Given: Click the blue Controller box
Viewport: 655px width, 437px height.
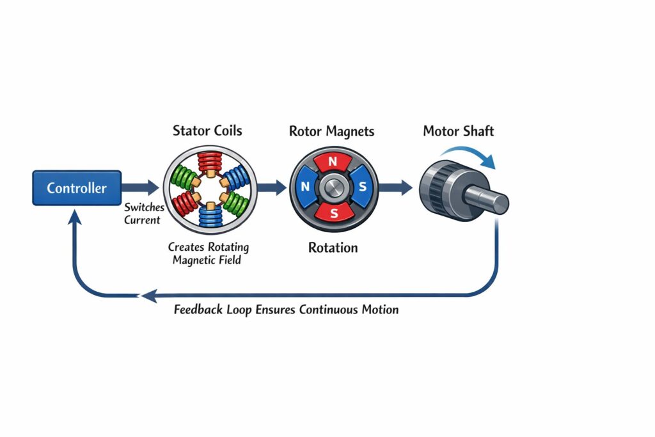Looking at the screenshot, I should click(77, 187).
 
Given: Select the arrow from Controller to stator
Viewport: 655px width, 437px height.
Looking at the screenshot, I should click(141, 187).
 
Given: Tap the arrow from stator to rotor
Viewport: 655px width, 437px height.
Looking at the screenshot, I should click(272, 187).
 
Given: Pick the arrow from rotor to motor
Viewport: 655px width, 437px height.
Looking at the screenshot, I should click(397, 187).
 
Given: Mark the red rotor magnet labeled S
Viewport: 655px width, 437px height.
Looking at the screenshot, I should click(333, 212).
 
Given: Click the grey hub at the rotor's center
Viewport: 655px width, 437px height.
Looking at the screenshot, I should click(333, 187).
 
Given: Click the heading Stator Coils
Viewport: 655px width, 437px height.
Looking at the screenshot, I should click(207, 131).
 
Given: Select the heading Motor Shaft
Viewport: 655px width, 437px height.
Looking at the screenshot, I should click(458, 132).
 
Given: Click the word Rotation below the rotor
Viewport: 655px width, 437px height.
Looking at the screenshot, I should click(333, 248).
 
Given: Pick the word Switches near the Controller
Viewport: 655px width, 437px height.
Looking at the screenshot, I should click(144, 208).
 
